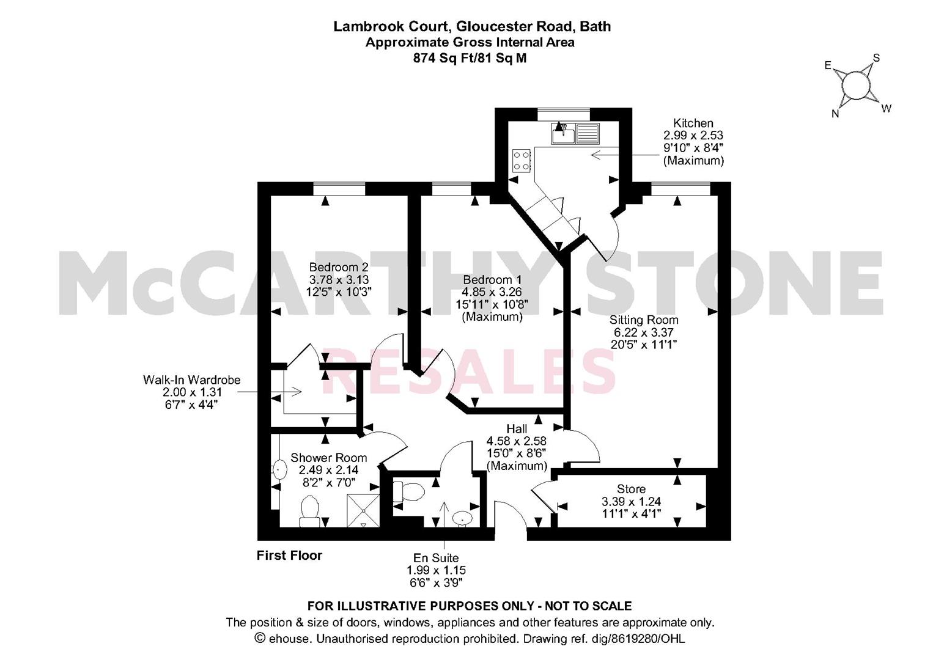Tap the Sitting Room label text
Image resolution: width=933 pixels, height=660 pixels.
coord(644,320)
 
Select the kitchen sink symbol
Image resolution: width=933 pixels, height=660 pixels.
coord(575,134)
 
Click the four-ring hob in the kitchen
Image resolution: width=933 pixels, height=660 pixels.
coord(522,161)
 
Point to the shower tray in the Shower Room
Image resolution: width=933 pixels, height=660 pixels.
coord(363,510)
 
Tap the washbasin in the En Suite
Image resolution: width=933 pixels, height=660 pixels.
coord(462,518)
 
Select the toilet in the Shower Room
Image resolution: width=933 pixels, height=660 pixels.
coord(309,512)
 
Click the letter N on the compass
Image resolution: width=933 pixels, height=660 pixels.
coord(835,114)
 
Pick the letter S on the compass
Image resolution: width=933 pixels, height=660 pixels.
coord(876,58)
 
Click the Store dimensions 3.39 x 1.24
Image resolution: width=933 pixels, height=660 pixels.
coord(631,502)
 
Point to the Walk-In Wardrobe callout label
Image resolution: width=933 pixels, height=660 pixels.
coord(191,380)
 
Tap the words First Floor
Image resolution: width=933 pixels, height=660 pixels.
coord(289,555)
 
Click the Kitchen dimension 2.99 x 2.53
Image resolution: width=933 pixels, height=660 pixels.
coord(693,135)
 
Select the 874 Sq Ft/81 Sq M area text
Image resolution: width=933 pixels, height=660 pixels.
coord(470,58)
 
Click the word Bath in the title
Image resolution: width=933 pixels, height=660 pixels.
coord(596,27)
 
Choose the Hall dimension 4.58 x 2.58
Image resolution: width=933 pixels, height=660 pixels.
coord(517,441)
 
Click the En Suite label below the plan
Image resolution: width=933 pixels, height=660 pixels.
coord(436,558)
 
